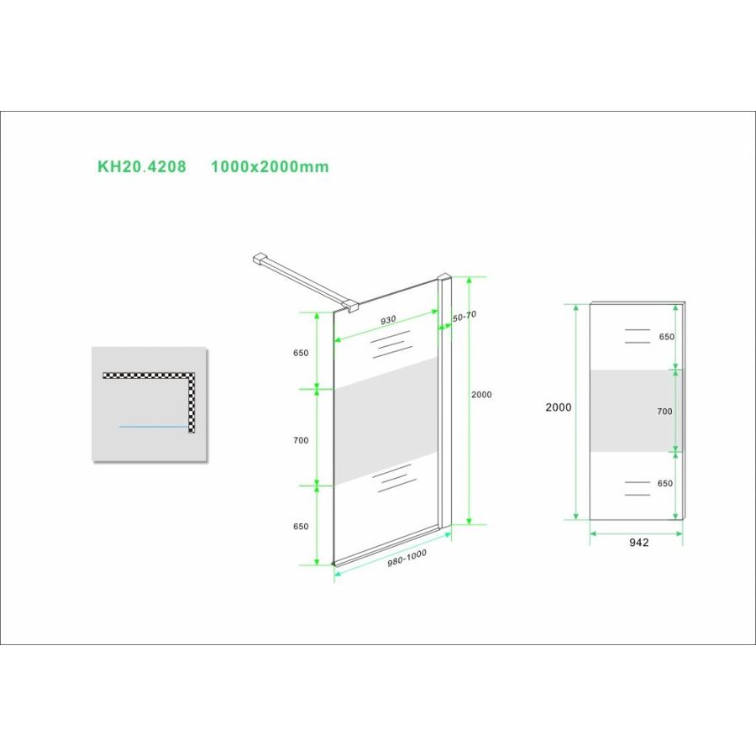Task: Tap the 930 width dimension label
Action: pos(388,320)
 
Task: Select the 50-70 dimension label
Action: pos(465,316)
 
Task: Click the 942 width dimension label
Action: pos(638,543)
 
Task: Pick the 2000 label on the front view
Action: pos(558,407)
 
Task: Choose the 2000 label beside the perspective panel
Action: pos(482,394)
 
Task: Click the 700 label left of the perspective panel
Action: pos(302,440)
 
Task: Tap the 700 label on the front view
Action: pos(664,412)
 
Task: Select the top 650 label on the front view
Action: pos(666,337)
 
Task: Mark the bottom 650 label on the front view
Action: pos(666,484)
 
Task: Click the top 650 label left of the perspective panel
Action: pos(302,354)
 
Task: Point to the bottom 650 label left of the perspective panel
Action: pos(302,527)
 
